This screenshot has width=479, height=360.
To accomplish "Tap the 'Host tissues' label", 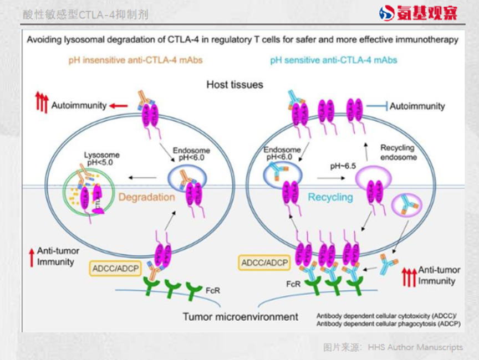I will pos(235,85).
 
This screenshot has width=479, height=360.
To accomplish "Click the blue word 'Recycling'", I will pos(330,197).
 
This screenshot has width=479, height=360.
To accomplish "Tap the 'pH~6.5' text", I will pos(343,166).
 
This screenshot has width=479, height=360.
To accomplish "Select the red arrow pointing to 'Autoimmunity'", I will pos(118,105).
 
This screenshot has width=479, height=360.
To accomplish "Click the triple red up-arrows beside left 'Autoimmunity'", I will pos(42,102).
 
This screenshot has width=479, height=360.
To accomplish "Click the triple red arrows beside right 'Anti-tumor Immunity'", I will pos(409,276).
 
